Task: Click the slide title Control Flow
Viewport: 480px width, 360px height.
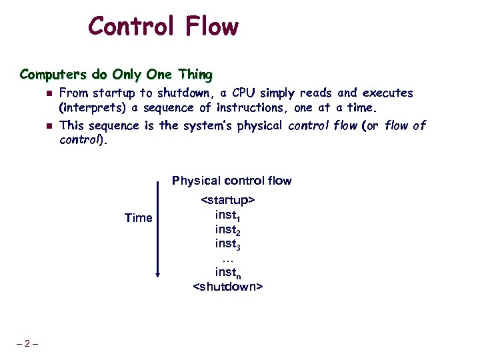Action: tap(163, 27)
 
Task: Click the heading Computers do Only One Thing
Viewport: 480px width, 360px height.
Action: tap(116, 73)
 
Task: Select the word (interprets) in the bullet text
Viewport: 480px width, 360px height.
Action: tap(93, 108)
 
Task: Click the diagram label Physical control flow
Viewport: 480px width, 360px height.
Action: tap(231, 181)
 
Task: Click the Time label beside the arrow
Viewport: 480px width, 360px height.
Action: tap(139, 218)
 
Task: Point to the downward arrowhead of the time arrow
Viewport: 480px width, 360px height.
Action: tap(159, 273)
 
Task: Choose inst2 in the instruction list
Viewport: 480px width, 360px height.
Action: tap(227, 231)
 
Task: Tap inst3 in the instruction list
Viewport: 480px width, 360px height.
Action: tap(227, 246)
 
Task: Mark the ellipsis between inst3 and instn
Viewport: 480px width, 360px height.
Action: tap(227, 259)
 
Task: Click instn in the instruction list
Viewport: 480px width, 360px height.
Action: tap(227, 273)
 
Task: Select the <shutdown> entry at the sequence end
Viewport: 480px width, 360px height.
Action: tap(228, 287)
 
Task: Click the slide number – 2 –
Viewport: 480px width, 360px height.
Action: tap(27, 344)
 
